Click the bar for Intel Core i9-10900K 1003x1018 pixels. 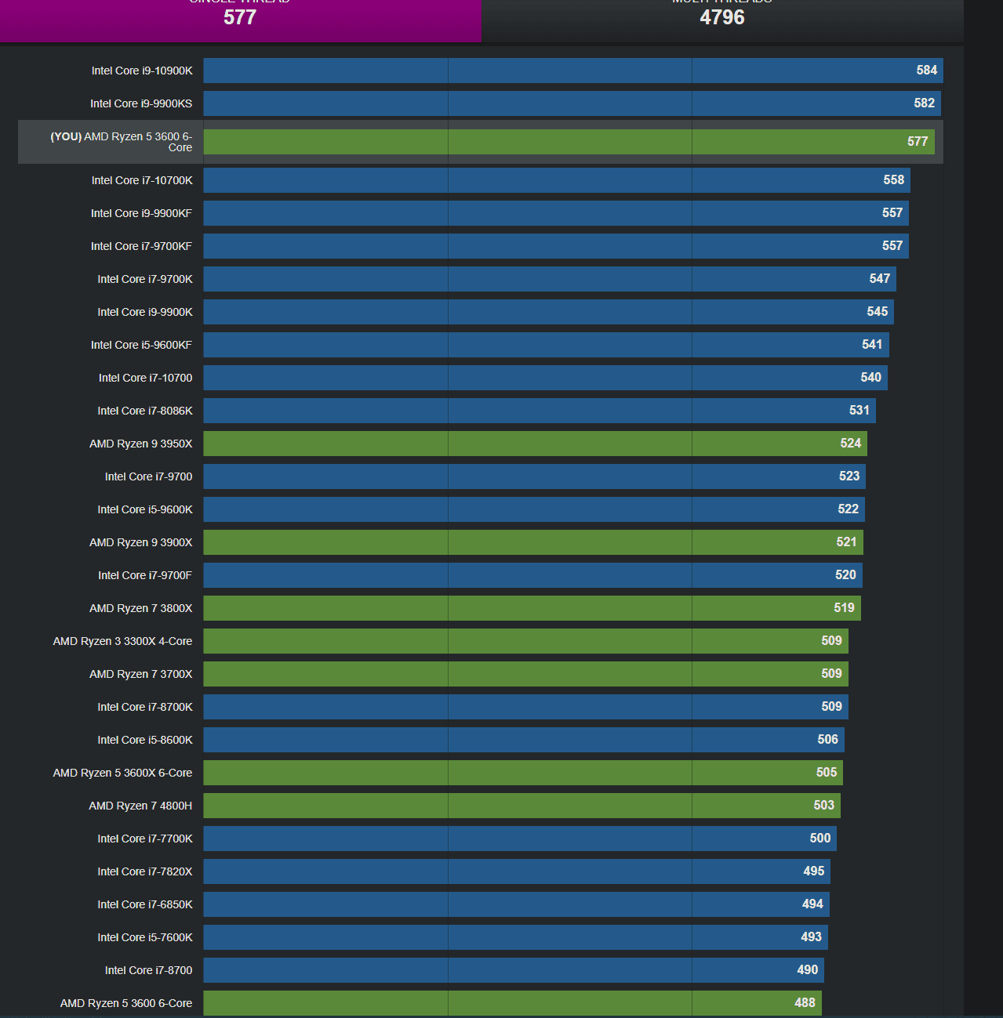572,71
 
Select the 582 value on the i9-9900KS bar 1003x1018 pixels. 924,103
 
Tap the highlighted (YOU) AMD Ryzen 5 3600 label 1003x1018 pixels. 122,142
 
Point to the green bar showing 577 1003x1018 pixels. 569,142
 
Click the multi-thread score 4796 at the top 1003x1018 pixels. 722,17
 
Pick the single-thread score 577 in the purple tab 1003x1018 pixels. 240,17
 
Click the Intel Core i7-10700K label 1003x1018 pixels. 142,180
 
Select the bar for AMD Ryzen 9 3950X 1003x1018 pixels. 535,444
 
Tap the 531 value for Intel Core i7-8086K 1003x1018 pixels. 859,411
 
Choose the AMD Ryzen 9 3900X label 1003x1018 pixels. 141,542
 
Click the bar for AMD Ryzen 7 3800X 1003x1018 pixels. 532,608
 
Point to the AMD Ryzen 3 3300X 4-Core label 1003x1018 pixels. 122,641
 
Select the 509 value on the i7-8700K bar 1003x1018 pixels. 831,707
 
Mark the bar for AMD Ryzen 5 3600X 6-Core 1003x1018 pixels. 523,773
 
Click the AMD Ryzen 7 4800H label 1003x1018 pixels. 140,806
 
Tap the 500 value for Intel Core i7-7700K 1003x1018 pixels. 819,839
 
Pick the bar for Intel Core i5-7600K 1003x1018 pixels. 515,937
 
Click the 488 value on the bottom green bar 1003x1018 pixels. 805,1003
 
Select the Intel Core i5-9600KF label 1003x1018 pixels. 141,345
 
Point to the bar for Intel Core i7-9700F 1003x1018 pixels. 532,575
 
